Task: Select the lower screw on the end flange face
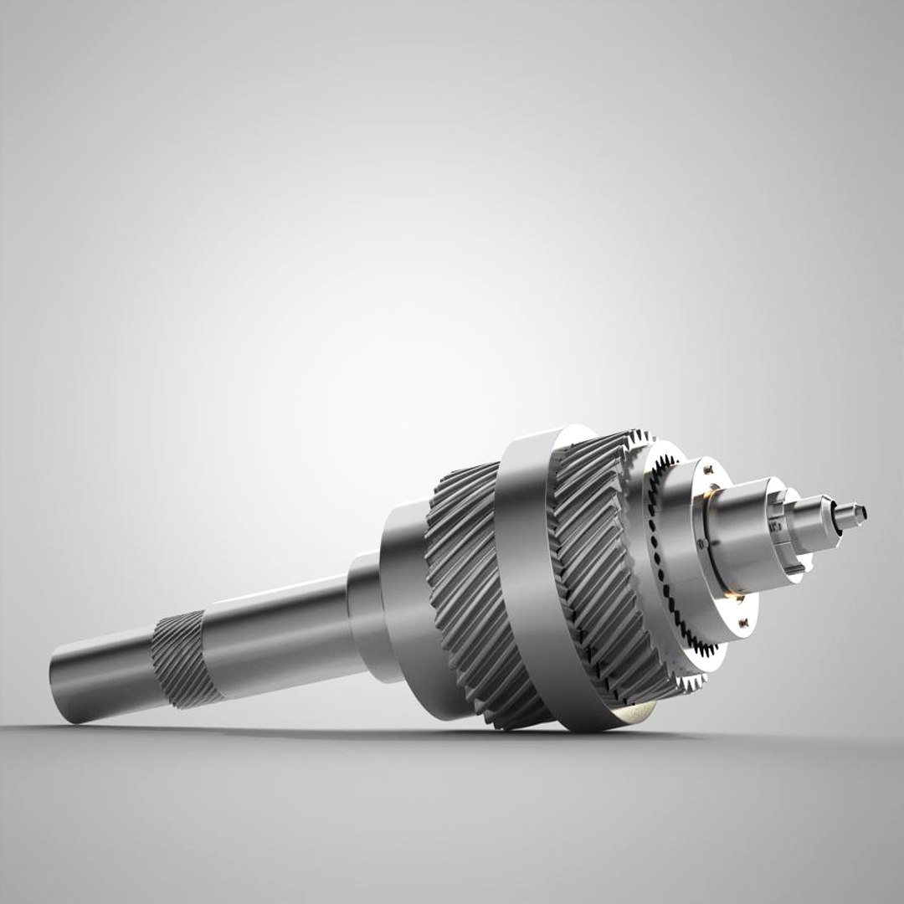click(743, 623)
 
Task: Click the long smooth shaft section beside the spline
click(276, 636)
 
